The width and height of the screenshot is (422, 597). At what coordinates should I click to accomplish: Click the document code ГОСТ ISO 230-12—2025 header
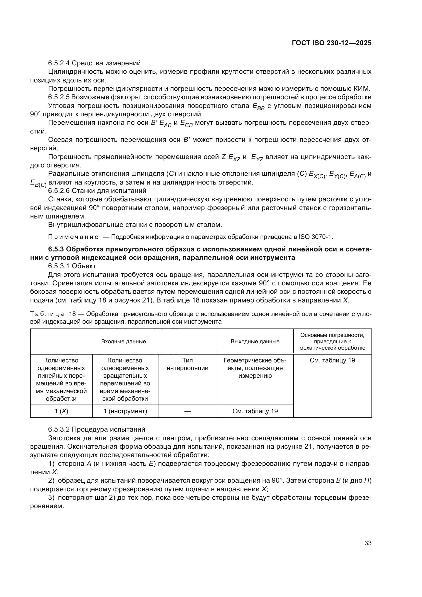coord(332,43)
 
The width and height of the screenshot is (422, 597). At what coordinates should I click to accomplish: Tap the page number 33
coord(368,543)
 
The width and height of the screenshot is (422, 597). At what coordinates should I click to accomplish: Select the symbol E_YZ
coord(257,157)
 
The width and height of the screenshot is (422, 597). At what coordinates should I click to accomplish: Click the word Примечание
coord(73,237)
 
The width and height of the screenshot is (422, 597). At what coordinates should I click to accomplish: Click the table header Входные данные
coord(123,342)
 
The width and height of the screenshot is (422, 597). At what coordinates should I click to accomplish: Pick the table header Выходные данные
coord(255,342)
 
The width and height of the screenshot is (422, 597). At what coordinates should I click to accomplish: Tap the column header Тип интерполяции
coord(187,364)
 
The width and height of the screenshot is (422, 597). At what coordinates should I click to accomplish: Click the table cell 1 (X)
coord(61,411)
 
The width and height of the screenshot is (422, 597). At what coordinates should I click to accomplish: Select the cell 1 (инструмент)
coord(125,411)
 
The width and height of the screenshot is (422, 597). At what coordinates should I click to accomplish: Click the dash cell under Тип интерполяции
coord(187,411)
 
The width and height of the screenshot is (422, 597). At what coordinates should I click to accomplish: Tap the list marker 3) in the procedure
coord(52,498)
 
